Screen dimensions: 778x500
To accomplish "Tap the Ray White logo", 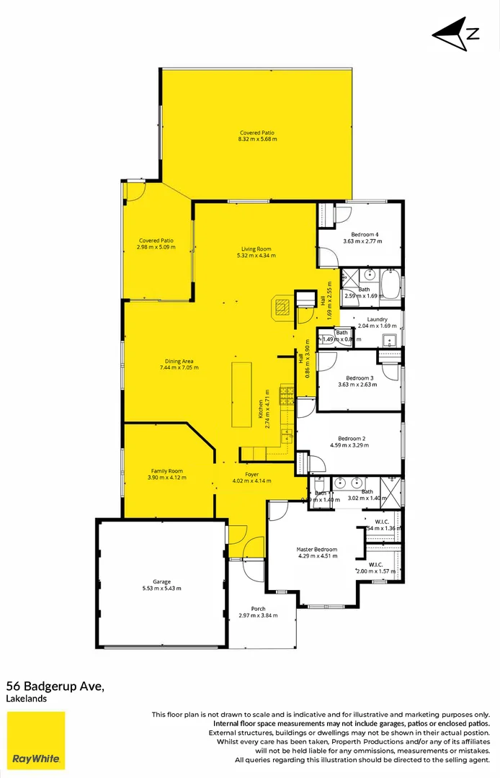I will tap(36, 740).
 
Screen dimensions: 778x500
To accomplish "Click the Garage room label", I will tap(161, 581).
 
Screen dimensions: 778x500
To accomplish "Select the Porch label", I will tap(258, 609).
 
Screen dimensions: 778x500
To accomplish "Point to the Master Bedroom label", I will tap(316, 550).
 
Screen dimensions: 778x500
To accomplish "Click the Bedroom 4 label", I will tap(365, 234).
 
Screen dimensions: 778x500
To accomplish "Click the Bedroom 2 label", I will tap(352, 438).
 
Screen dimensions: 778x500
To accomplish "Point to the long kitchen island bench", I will tap(241, 395).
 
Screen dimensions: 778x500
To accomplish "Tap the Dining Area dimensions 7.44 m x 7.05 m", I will tap(179, 367).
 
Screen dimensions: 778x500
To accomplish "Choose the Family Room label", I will tap(166, 471).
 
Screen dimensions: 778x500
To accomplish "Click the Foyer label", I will tap(251, 474).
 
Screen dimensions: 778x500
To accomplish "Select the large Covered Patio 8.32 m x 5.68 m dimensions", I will tap(257, 138).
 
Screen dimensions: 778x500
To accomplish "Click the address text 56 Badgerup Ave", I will tap(55, 687).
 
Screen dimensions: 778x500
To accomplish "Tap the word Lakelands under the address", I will tap(24, 699).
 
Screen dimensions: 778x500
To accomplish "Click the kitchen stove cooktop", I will tap(286, 395).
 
